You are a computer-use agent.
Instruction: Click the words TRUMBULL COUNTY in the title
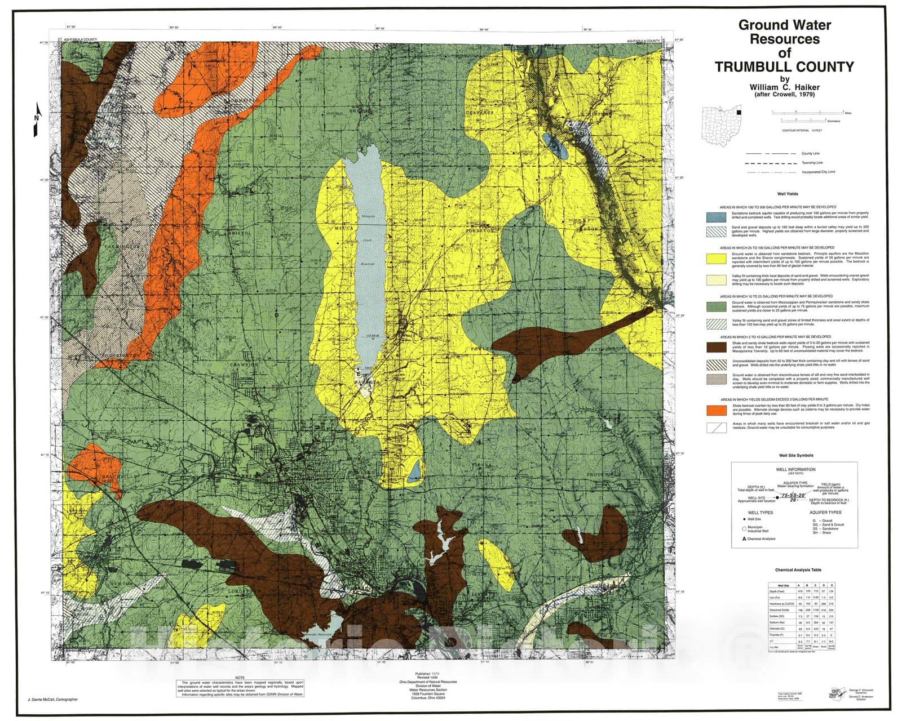(784, 67)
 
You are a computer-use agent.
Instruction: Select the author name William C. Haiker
(784, 87)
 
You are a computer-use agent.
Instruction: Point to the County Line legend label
(811, 153)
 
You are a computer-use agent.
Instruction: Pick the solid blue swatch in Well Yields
(717, 217)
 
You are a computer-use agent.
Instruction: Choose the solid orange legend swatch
(717, 410)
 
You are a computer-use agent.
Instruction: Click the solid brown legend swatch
(717, 346)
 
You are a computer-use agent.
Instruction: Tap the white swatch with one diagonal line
(717, 428)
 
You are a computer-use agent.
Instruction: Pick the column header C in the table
(815, 586)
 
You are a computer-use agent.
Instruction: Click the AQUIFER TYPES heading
(825, 513)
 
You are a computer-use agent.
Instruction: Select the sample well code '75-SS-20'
(793, 495)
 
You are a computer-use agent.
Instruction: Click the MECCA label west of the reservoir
(344, 229)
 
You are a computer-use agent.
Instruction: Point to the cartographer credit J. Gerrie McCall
(48, 700)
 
